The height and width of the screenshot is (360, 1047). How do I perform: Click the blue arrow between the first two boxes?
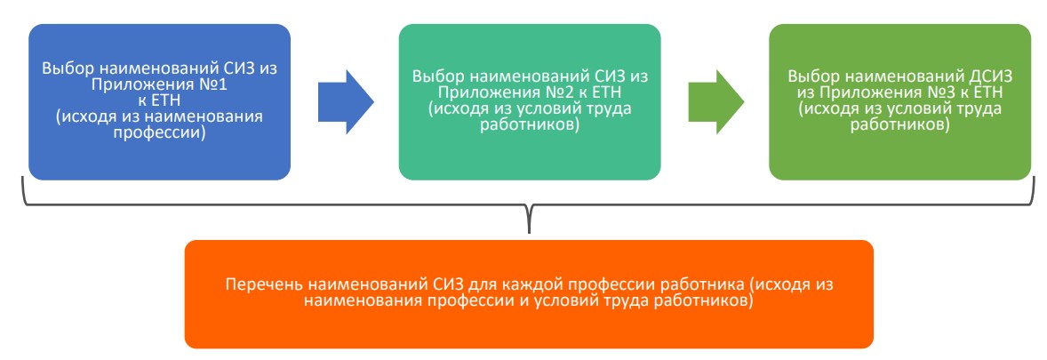(345, 101)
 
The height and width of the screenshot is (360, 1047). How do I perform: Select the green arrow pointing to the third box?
(715, 101)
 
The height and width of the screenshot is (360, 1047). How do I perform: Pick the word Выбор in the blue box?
(63, 68)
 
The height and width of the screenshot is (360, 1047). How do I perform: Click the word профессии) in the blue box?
(160, 133)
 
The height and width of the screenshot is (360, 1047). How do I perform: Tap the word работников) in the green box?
(900, 125)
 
